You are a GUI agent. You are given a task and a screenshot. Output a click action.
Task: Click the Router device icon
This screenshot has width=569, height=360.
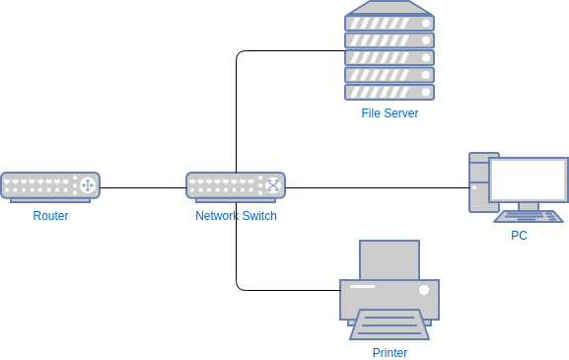49,185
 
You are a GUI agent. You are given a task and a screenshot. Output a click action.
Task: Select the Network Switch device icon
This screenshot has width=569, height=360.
235,185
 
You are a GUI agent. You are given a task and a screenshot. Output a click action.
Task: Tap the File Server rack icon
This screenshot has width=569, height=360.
390,58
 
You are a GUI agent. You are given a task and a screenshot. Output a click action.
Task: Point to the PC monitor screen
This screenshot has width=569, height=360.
529,180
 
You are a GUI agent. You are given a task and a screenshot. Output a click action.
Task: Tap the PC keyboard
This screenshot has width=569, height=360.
529,216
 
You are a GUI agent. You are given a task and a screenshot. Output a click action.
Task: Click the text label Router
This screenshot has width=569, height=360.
50,216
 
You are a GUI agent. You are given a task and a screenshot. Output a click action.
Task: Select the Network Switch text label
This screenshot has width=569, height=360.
236,216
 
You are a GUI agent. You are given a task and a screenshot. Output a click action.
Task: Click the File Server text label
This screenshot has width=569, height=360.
390,113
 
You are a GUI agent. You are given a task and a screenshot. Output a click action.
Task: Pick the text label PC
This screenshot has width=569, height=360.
519,236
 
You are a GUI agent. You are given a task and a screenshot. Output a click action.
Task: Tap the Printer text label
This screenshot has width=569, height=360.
390,353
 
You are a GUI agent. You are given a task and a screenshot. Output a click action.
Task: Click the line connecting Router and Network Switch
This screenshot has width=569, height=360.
143,187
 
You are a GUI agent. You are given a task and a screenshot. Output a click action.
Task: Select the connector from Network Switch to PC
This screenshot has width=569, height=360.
375,187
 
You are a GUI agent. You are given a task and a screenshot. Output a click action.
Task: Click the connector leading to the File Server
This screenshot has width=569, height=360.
286,51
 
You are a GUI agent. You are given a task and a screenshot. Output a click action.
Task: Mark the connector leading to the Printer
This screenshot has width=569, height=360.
286,290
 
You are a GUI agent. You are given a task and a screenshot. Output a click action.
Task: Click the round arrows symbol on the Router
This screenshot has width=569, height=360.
87,185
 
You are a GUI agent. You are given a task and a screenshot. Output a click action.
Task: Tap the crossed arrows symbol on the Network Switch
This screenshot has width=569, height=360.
273,185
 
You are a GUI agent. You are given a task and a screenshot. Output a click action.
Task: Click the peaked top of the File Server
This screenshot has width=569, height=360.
390,8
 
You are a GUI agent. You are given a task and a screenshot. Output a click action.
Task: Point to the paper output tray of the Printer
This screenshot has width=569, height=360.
390,324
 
